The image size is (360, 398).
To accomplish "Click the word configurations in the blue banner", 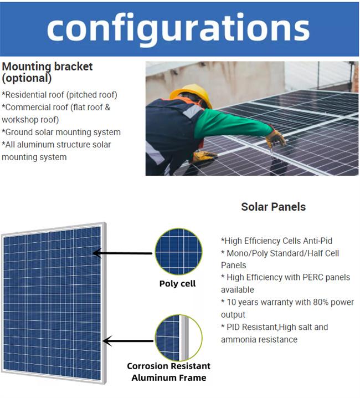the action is coord(178,29).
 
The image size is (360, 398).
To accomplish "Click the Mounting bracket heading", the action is coord(47,67).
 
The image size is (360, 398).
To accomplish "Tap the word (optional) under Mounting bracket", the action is coord(27,78).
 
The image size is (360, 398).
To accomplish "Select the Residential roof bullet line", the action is coord(59,95).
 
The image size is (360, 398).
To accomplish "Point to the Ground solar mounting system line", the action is coord(61,132).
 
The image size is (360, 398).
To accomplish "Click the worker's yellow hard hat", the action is coord(192,95).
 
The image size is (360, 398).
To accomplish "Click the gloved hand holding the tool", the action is coord(276,139).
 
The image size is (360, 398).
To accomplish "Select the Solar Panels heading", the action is coord(274,207).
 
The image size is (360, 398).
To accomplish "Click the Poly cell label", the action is coord(178,284).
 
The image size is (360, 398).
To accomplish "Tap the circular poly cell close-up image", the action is coord(178,251).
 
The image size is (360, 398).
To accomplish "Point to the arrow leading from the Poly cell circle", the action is coord(122,253).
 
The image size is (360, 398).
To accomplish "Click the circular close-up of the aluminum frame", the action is coord(178,338).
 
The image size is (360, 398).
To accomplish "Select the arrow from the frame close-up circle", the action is coord(128,341).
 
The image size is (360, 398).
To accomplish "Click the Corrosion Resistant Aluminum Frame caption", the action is coord(169,372).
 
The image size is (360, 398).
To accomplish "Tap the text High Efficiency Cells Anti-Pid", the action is coord(277,241).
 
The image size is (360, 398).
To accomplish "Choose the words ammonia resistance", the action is coord(259,340).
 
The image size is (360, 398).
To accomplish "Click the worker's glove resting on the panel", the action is coord(204,156).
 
